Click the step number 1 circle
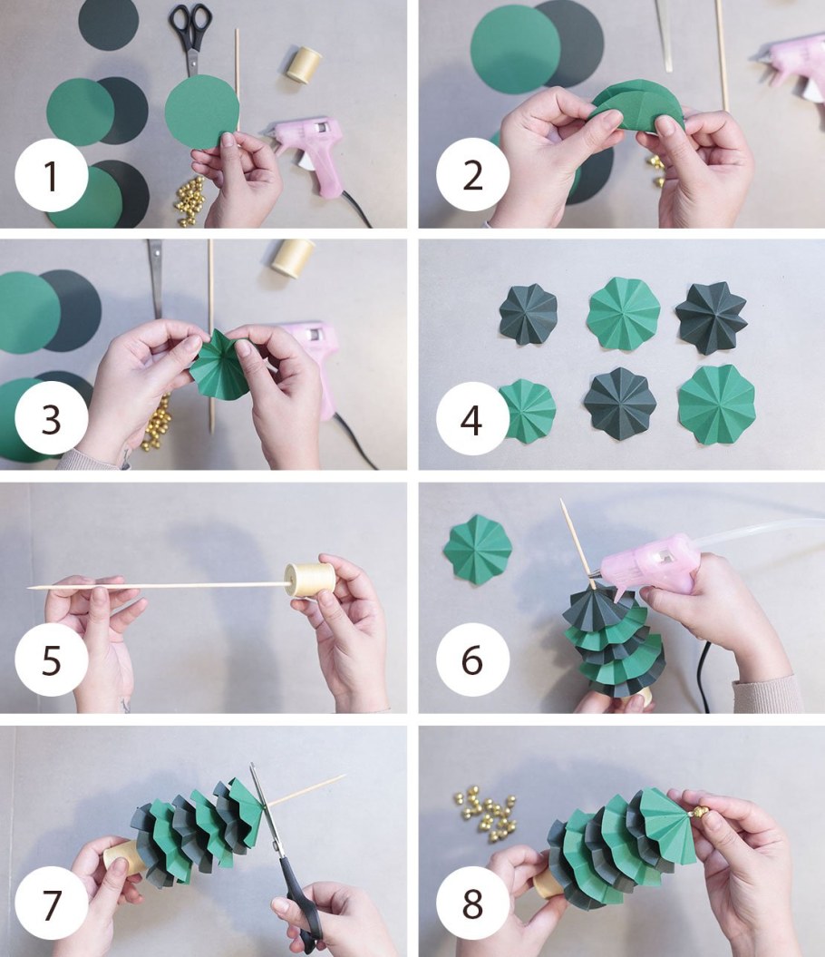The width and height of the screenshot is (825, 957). coord(52,175)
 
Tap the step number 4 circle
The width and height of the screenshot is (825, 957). coord(472,419)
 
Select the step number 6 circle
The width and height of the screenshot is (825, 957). coord(472,659)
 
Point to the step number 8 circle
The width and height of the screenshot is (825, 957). coord(472,903)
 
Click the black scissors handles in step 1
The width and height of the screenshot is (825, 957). coord(189,25)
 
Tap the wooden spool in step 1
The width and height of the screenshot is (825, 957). coord(304,65)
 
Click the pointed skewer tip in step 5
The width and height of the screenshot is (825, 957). coord(29,589)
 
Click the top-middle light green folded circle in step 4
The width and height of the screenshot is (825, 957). coord(624,313)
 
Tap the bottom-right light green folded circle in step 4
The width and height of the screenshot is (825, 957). coord(716,404)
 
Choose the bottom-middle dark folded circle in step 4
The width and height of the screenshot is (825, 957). coord(620,403)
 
